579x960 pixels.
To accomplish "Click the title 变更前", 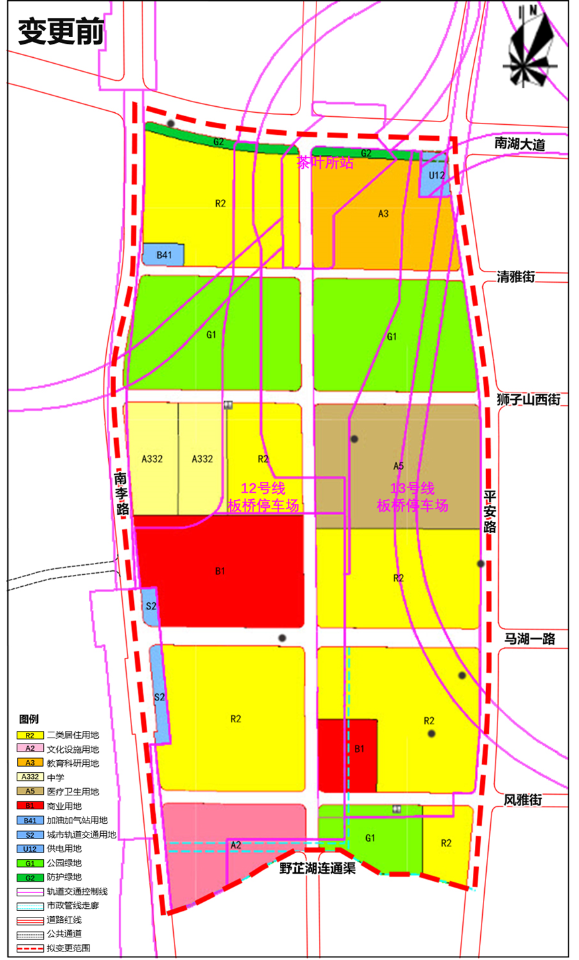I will (60, 31).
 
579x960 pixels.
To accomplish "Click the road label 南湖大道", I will (519, 144).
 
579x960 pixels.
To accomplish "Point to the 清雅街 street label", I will (516, 277).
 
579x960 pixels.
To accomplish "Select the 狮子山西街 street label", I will (528, 400).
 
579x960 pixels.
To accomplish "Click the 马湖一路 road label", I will (529, 639).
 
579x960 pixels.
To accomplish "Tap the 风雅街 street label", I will (523, 800).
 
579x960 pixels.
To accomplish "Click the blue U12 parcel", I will (436, 176).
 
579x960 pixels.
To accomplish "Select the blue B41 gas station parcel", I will (164, 255).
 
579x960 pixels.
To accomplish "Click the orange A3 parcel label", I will (383, 214).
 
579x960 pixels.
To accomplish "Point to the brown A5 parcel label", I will (398, 466).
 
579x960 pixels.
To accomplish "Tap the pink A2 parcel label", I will (235, 845).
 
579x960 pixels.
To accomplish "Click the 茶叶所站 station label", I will (325, 163).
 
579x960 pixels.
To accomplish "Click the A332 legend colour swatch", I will (30, 777).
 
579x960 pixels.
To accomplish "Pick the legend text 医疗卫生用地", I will (73, 791).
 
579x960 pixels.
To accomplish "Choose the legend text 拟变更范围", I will (68, 948).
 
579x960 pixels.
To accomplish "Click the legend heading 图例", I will (29, 719).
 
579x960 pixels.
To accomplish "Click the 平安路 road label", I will (489, 511).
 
